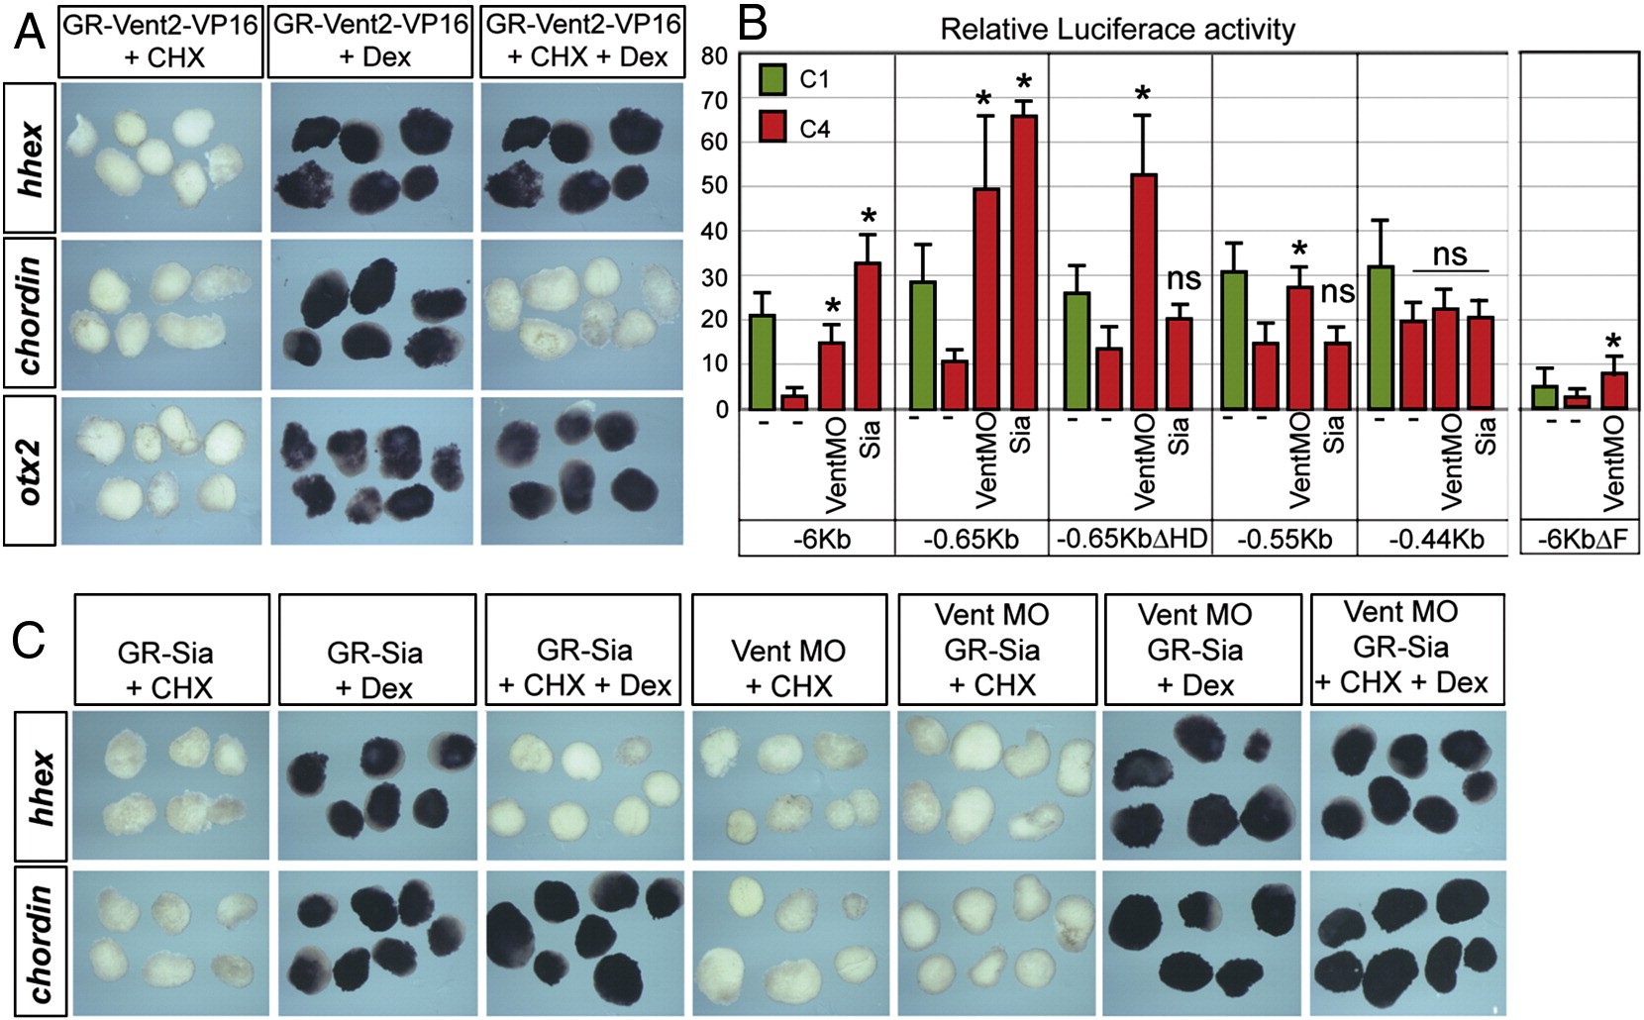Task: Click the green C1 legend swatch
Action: (x=772, y=79)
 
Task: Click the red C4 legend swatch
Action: (x=772, y=127)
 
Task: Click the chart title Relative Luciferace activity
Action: (x=1117, y=30)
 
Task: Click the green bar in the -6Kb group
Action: (x=763, y=361)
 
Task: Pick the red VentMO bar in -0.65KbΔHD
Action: (x=1143, y=291)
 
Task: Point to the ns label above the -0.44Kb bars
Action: (x=1450, y=255)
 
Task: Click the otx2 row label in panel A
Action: (x=31, y=470)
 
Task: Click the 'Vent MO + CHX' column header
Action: (x=788, y=668)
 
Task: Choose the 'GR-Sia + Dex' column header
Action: (x=375, y=668)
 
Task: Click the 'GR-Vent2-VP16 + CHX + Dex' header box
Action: (x=581, y=42)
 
